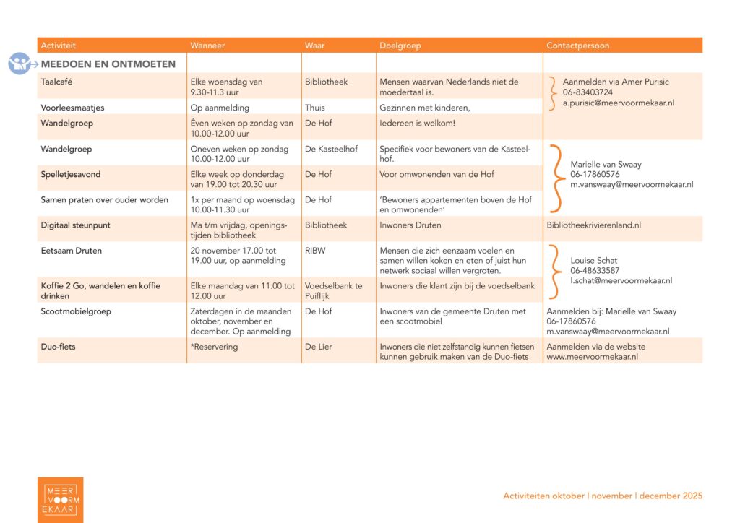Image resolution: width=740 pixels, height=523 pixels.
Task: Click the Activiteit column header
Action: click(x=58, y=46)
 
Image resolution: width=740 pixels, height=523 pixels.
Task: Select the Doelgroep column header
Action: click(x=400, y=46)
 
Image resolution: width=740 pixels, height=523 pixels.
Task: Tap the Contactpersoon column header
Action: click(x=577, y=46)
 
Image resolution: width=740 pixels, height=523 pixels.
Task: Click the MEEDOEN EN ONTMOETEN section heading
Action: click(x=108, y=64)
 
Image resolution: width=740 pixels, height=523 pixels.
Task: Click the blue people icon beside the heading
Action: click(x=20, y=64)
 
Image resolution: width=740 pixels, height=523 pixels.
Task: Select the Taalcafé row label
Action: click(x=57, y=82)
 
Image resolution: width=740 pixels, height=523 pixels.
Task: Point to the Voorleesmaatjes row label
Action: click(x=72, y=108)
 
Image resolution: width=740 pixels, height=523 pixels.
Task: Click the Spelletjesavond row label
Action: click(x=70, y=174)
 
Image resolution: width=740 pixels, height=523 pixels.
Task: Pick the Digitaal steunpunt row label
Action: click(x=75, y=225)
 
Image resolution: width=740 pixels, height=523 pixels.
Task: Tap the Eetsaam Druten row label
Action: click(x=71, y=251)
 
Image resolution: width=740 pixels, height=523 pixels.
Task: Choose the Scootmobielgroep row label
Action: click(x=76, y=311)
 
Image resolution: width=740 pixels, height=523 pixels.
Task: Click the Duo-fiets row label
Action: click(x=58, y=347)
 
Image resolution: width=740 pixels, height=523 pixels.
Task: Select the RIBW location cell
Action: click(x=316, y=251)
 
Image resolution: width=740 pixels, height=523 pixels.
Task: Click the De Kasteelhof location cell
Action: click(x=331, y=149)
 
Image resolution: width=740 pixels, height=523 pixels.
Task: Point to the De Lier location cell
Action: click(x=319, y=347)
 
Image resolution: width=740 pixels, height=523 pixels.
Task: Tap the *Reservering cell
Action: click(x=214, y=347)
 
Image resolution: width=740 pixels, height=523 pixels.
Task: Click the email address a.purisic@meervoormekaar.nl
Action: click(x=619, y=103)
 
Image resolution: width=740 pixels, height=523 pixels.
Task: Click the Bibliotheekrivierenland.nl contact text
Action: click(x=593, y=225)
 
